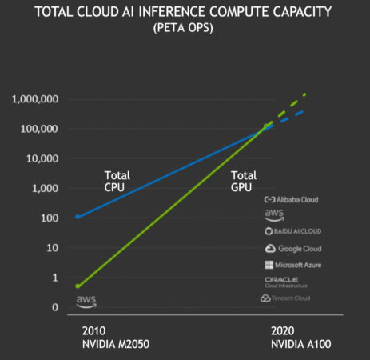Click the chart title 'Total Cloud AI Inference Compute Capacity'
pyautogui.click(x=185, y=12)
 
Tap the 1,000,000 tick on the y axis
pyautogui.click(x=35, y=99)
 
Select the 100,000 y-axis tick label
pyautogui.click(x=38, y=129)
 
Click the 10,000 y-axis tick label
pyautogui.click(x=41, y=158)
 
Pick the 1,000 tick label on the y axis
pyautogui.click(x=44, y=188)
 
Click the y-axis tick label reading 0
pyautogui.click(x=55, y=307)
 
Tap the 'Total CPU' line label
pyautogui.click(x=117, y=181)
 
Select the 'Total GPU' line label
pyautogui.click(x=244, y=181)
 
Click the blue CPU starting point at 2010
pyautogui.click(x=78, y=217)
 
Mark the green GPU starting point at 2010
pyautogui.click(x=78, y=286)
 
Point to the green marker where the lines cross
pyautogui.click(x=267, y=126)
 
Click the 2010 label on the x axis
pyautogui.click(x=93, y=330)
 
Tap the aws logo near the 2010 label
pyautogui.click(x=86, y=301)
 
